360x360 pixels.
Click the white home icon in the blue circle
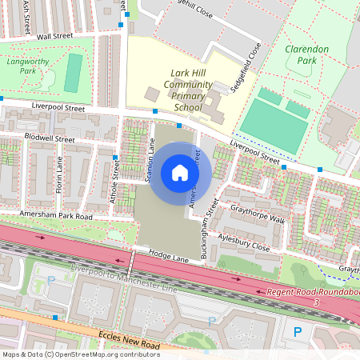180,173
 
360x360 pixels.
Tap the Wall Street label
55,36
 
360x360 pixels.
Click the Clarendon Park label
307,54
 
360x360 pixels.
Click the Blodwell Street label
49,138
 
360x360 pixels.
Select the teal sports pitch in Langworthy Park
73,73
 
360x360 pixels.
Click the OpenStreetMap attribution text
70,354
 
